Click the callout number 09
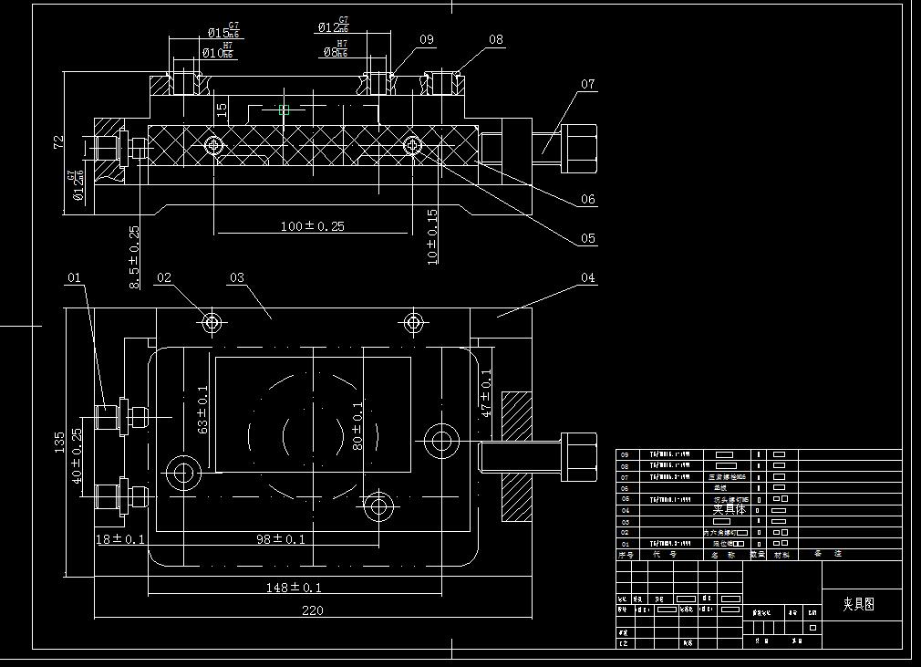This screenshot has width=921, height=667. pos(427,40)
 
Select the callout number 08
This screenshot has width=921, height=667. pos(495,40)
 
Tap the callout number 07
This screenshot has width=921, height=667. pos(587,84)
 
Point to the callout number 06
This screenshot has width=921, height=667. pos(587,199)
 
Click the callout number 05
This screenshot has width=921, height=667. pos(587,239)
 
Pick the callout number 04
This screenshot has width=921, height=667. pos(587,277)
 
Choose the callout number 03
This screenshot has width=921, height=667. pos(237,277)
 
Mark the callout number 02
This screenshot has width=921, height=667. pos(164,277)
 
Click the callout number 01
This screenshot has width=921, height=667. pos(74,277)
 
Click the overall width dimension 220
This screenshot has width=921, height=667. pos(312,610)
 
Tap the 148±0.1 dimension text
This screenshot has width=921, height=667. pos(294,588)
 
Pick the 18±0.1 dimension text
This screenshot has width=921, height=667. pos(121,539)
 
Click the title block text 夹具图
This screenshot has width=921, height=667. pos(858,604)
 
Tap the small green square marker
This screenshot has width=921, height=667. pos(284,109)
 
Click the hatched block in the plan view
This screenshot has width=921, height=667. pos(517,456)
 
